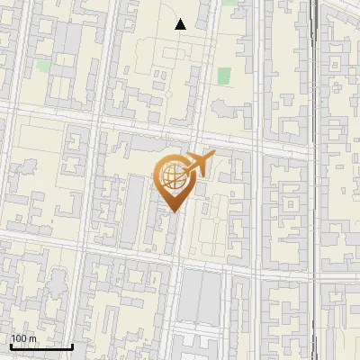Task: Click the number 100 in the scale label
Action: point(18,337)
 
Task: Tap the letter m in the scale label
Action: point(32,337)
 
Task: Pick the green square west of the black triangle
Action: point(42,66)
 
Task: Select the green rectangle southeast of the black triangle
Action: point(223,76)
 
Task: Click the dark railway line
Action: point(314,180)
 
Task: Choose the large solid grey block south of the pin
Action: point(200,297)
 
